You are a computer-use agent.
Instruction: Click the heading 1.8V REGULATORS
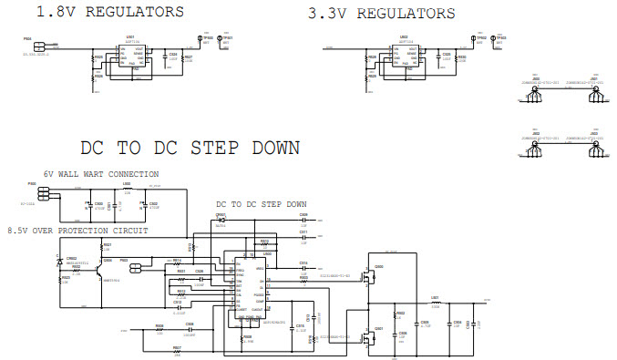pyautogui.click(x=109, y=12)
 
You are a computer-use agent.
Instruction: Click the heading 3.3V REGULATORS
pyautogui.click(x=381, y=14)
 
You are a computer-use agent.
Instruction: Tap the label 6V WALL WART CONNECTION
pyautogui.click(x=101, y=173)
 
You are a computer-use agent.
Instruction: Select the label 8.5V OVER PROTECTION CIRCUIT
pyautogui.click(x=77, y=231)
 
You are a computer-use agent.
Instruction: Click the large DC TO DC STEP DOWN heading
pyautogui.click(x=190, y=148)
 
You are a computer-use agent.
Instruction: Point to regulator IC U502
pyautogui.click(x=404, y=56)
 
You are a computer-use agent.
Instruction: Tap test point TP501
pyautogui.click(x=221, y=39)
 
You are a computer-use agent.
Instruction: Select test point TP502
pyautogui.click(x=473, y=39)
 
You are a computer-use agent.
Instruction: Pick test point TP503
pyautogui.click(x=494, y=39)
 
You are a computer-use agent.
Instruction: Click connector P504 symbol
pyautogui.click(x=39, y=45)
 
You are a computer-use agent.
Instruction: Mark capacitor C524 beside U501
pyautogui.click(x=172, y=57)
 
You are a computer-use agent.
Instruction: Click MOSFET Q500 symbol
pyautogui.click(x=373, y=273)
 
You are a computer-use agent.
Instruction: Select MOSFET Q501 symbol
pyautogui.click(x=373, y=334)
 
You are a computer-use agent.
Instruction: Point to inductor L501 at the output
pyautogui.click(x=435, y=303)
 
